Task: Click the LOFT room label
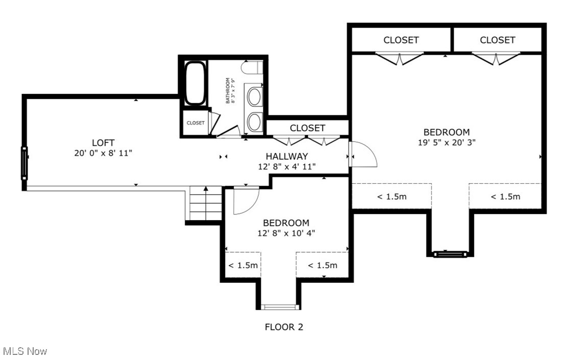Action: (x=103, y=142)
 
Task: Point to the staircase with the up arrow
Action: (x=206, y=203)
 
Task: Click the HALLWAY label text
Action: (x=287, y=156)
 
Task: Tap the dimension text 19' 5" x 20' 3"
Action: (x=447, y=142)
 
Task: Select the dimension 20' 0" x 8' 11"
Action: (x=103, y=153)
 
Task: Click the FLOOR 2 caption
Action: (x=284, y=327)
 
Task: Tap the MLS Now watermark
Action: (x=25, y=351)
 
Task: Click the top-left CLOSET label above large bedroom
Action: (x=401, y=40)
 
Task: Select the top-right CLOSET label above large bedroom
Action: (x=497, y=40)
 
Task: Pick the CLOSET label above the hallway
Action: (x=307, y=128)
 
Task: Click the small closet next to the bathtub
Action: (x=195, y=123)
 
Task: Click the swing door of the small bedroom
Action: (x=246, y=200)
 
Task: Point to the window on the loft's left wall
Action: (x=23, y=163)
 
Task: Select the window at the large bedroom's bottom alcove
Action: (x=449, y=253)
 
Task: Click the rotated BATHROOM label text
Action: (x=230, y=90)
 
